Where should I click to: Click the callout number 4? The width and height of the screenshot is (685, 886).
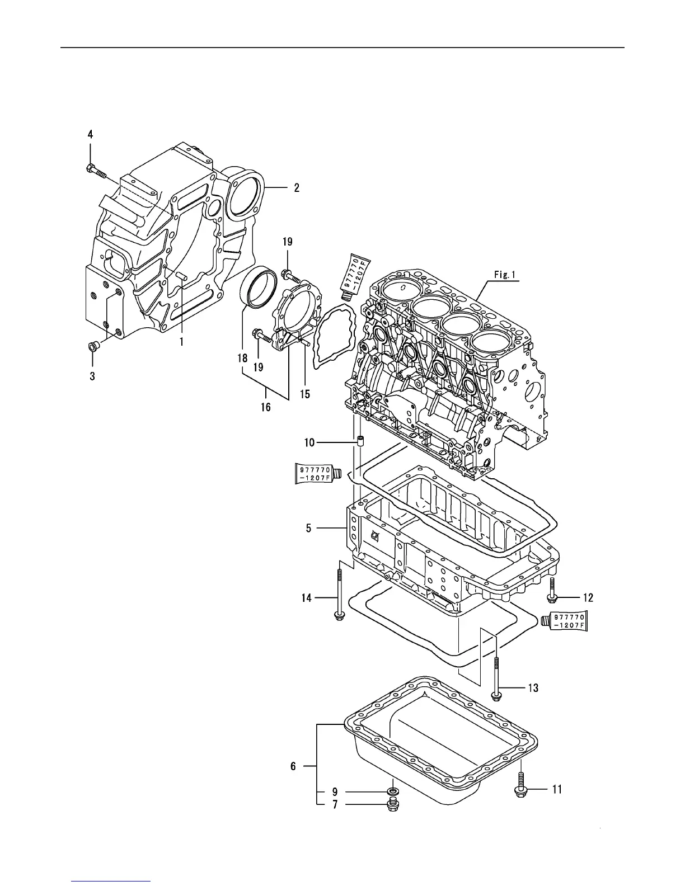pos(90,134)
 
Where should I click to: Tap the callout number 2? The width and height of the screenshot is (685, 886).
pos(297,188)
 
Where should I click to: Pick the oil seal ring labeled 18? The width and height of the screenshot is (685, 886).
pos(260,288)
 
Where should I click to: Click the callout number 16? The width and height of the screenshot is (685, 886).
pos(265,407)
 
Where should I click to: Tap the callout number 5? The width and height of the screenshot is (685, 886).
pos(308,527)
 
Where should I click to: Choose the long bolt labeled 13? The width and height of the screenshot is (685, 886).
pos(496,676)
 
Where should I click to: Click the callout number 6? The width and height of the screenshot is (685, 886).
pos(293,766)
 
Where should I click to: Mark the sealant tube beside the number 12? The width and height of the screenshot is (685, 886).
pos(565,621)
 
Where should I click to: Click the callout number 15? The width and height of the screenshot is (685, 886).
pos(304,394)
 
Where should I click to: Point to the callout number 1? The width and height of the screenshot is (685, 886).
pos(181,341)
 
